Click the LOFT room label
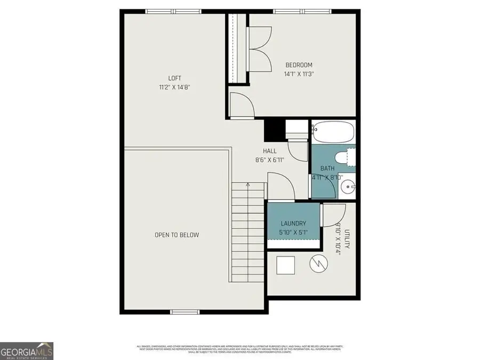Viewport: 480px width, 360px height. [175, 78]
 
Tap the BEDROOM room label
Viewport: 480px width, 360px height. [299, 65]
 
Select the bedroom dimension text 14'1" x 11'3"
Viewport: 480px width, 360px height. [299, 75]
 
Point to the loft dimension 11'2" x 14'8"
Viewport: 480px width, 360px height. [175, 87]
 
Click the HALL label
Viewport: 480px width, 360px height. [269, 151]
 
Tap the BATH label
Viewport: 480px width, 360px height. [319, 169]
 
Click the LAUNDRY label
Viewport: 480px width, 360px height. [293, 223]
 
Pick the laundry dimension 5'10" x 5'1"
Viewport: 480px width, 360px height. [293, 233]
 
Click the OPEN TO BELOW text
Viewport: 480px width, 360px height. [177, 235]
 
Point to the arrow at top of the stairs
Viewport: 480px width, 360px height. [247, 185]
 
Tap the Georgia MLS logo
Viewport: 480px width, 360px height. [27, 350]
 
